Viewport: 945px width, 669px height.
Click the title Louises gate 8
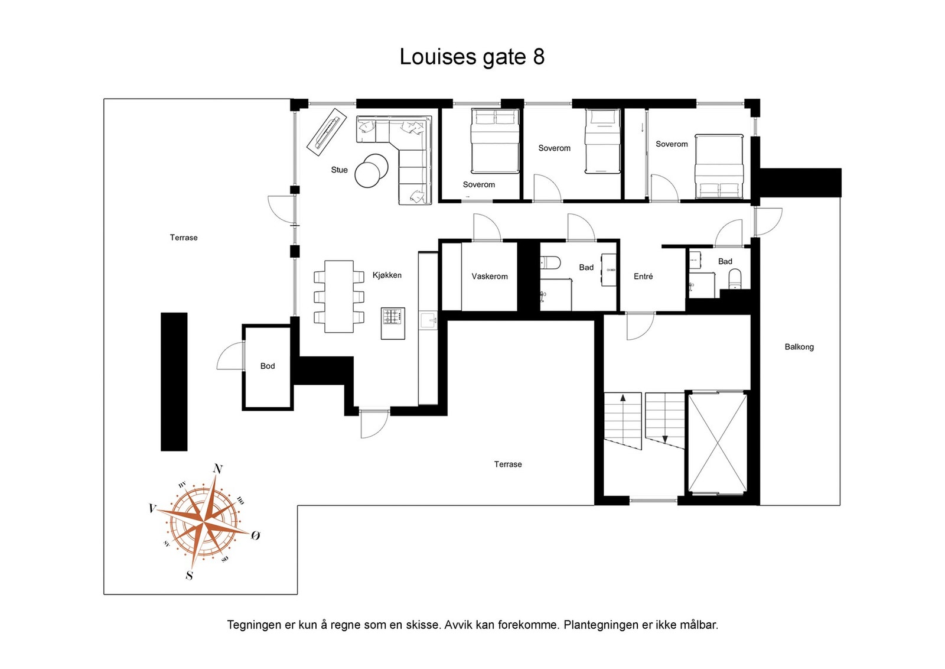(471, 57)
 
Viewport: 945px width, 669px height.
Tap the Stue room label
(339, 170)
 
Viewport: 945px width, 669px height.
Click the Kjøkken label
(387, 275)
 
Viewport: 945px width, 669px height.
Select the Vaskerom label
(489, 277)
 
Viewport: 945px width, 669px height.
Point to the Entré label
(643, 277)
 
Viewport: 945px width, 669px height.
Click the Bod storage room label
(268, 366)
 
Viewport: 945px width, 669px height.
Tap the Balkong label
(799, 348)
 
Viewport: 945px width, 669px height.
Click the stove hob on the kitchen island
(393, 316)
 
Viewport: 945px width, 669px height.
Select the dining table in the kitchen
(339, 296)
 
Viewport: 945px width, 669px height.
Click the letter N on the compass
(217, 469)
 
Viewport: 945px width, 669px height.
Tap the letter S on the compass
(189, 575)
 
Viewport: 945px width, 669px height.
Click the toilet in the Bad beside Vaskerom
(550, 262)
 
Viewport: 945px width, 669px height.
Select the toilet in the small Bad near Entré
(735, 278)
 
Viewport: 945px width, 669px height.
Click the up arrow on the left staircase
(623, 399)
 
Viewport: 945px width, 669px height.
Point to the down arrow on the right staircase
(665, 439)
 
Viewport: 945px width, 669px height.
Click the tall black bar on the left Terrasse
(174, 382)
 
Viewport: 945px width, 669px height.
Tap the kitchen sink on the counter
(428, 321)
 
